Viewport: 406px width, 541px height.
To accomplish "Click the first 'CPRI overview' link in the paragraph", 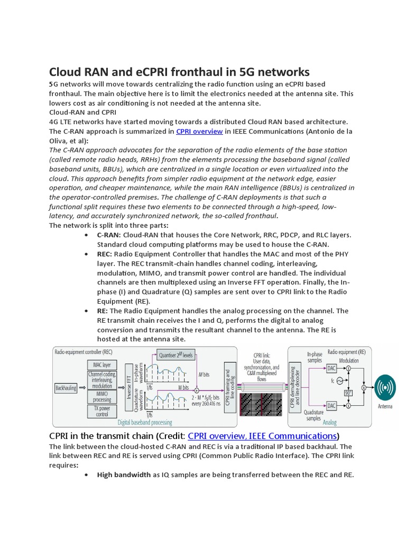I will [199, 132].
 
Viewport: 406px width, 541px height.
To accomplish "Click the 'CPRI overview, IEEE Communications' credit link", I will [262, 436].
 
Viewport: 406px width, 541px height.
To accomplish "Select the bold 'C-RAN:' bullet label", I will [109, 235].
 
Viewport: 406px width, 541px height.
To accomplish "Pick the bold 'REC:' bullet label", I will [104, 254].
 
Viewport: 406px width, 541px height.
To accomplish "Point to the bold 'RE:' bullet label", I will [102, 311].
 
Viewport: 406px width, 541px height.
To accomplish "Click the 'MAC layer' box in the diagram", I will [102, 365].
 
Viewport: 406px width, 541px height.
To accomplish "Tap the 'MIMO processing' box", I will [102, 396].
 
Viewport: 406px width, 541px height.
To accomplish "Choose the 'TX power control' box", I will [102, 411].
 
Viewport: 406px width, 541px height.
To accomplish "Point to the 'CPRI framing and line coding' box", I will [230, 387].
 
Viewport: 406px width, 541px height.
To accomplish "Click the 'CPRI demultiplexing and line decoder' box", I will [295, 387].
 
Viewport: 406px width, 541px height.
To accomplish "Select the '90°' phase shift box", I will [348, 393].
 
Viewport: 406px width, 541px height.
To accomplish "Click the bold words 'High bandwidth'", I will [124, 474].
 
